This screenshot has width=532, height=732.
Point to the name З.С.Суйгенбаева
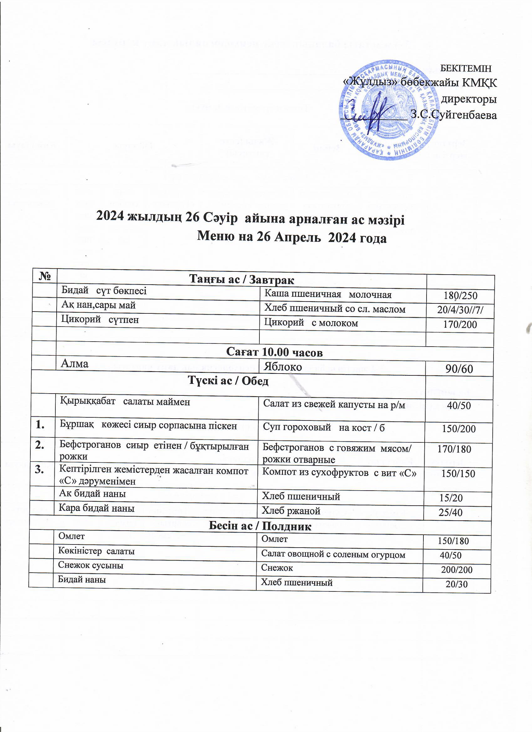(453, 115)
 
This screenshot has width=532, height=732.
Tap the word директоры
(468, 99)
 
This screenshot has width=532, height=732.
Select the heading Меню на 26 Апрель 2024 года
(292, 238)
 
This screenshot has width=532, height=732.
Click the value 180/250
(460, 295)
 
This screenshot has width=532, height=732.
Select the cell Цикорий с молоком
(311, 323)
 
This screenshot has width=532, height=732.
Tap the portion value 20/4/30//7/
(460, 310)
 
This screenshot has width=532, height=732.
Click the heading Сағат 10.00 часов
(274, 352)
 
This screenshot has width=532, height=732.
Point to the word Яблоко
(283, 367)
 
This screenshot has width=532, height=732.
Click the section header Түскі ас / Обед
(228, 381)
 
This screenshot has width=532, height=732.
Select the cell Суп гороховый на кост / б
(324, 428)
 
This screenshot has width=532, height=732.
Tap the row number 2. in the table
(41, 446)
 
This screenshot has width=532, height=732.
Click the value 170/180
(449, 449)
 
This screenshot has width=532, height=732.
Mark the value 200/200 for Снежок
(457, 570)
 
